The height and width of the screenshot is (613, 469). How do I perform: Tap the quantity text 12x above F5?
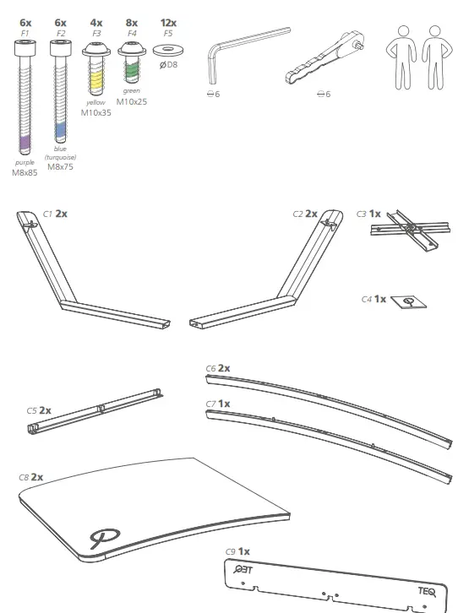168,22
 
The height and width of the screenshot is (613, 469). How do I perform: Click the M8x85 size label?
25,172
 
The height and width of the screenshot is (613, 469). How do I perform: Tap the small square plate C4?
410,301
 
